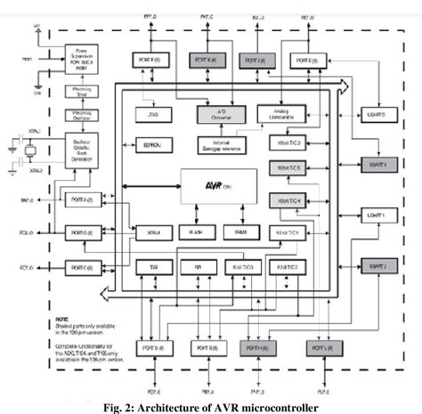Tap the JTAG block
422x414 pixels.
(x=150, y=115)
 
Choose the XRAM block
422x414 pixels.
(x=150, y=231)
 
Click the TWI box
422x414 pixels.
(x=150, y=267)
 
